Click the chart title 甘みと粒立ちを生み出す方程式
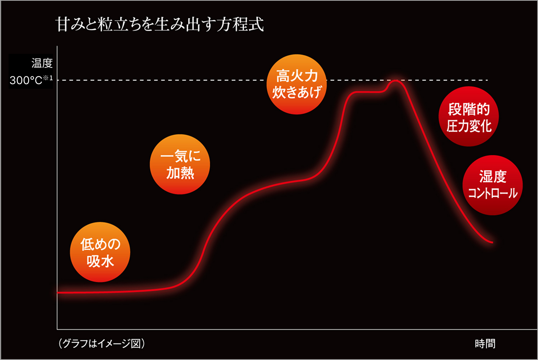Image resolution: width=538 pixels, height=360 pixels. (159, 24)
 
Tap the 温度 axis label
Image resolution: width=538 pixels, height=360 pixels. (42, 63)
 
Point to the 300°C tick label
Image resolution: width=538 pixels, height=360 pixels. (26, 80)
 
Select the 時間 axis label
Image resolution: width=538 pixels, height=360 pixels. (485, 344)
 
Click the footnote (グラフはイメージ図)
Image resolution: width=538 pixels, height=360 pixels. (102, 343)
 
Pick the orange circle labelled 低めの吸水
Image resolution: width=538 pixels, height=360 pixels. (100, 252)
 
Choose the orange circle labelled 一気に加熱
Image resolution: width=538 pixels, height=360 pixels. (180, 164)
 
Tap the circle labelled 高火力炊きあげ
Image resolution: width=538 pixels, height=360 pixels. (297, 84)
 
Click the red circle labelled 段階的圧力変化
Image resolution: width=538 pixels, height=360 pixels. (469, 116)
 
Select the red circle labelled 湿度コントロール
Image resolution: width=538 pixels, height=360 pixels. (492, 185)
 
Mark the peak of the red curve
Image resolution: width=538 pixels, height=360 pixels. (396, 81)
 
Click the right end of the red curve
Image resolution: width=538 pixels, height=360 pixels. (492, 242)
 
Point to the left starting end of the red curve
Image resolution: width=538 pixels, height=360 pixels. (58, 292)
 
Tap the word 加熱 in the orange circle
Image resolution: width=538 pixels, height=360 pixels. (180, 173)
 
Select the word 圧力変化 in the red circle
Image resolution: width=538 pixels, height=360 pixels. (469, 126)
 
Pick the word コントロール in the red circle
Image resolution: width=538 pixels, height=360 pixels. (492, 193)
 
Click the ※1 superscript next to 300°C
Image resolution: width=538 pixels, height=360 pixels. (48, 78)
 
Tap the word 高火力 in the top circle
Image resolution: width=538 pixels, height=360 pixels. (297, 76)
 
